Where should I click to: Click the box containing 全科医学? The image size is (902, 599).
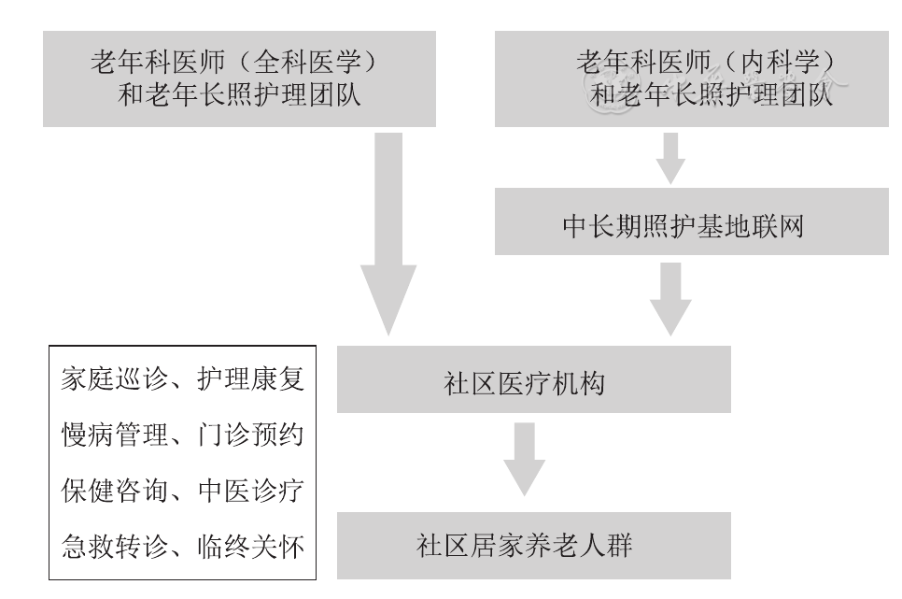[x=240, y=78]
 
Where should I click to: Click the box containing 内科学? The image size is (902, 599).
[x=690, y=78]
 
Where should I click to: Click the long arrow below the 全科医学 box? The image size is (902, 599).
[x=388, y=234]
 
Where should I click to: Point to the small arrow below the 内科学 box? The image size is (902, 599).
[x=669, y=157]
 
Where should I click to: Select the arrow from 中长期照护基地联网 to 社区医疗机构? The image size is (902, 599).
[x=669, y=297]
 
